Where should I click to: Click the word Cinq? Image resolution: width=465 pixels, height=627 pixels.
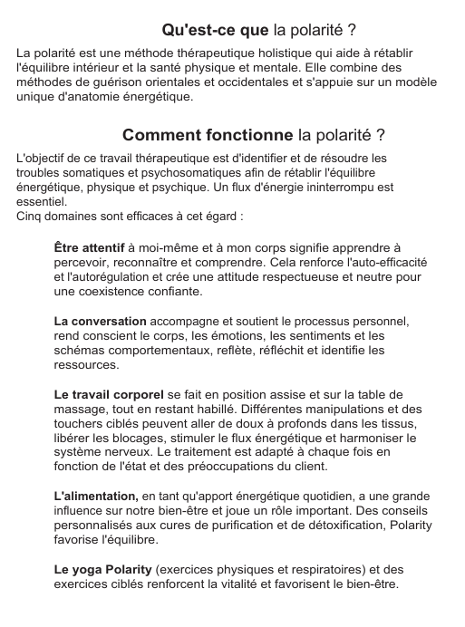31,217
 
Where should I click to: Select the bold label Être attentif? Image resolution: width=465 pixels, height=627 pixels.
89,247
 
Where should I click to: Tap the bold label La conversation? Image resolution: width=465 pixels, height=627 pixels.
100,321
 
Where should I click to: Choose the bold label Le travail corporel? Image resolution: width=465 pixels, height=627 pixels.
110,394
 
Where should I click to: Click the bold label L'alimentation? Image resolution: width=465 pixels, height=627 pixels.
95,497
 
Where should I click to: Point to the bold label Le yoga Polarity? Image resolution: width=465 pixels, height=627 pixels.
103,570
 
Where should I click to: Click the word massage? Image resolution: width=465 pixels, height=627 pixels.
81,409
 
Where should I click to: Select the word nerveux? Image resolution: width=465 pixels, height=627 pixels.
130,452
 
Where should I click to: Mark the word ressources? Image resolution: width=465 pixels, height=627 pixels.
86,364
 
